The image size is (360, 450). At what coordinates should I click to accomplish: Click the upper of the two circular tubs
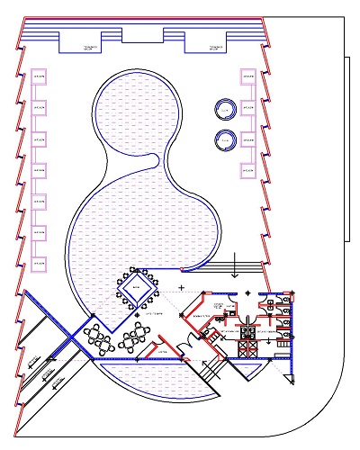[225, 110]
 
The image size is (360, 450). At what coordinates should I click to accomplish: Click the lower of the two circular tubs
[225, 140]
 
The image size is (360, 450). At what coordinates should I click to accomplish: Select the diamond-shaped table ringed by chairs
[136, 290]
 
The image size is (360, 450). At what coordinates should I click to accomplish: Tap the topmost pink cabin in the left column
[39, 78]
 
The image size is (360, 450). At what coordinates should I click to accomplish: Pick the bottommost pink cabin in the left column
[39, 263]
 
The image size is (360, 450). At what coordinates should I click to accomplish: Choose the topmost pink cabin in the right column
[247, 78]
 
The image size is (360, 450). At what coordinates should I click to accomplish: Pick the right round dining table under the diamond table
[136, 338]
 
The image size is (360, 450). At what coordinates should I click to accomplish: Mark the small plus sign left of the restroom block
[181, 287]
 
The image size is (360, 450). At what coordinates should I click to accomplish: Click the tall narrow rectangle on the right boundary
[346, 148]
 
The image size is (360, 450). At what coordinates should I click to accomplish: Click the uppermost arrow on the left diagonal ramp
[32, 361]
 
